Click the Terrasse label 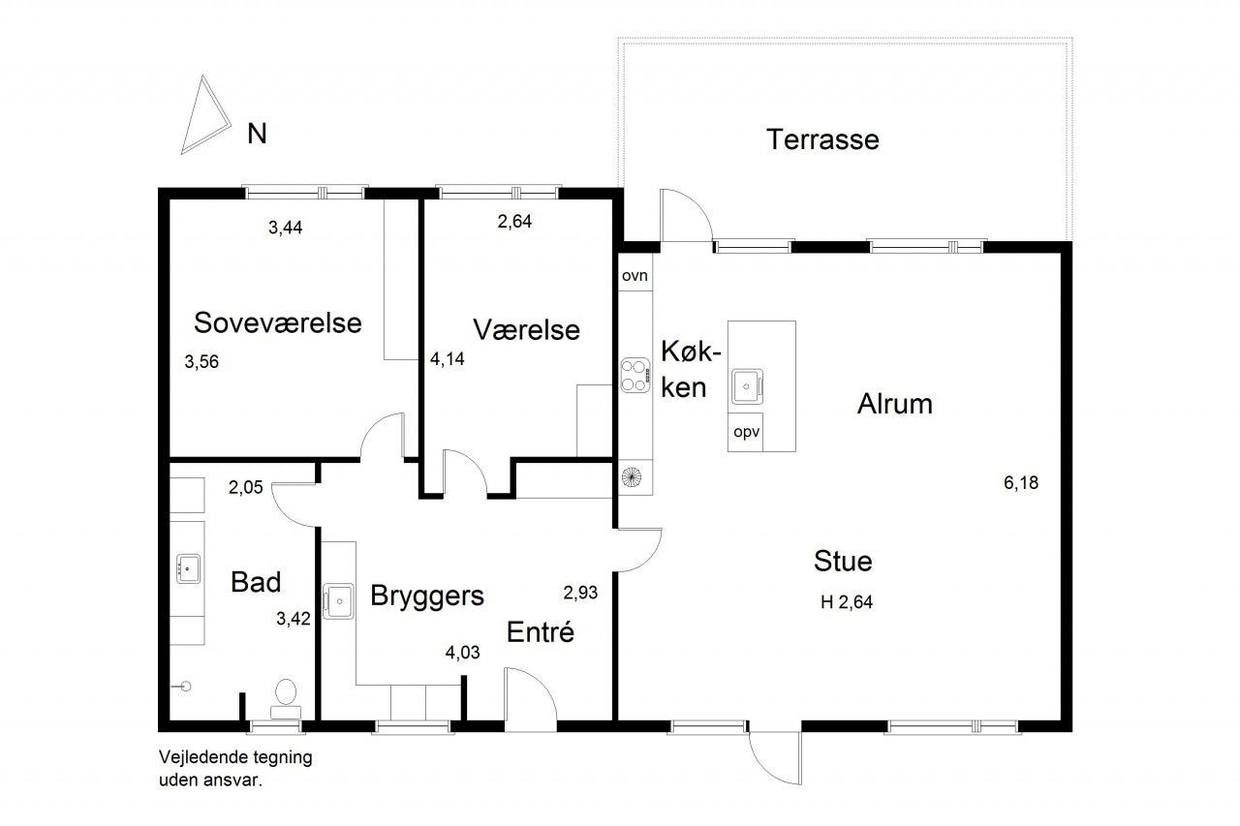(822, 139)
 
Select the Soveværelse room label (278, 322)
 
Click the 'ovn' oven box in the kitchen (635, 275)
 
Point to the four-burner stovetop (635, 376)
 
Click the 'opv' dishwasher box (746, 432)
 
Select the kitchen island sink (747, 386)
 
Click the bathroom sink (188, 568)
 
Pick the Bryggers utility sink (339, 600)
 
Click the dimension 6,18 (1021, 483)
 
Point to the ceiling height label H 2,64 (847, 602)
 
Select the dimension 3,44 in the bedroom (285, 228)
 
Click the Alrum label (894, 404)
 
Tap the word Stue (843, 561)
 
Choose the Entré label (541, 631)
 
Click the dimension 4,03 (462, 653)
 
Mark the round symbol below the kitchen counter (631, 476)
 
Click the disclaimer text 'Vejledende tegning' (235, 757)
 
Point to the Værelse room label (526, 330)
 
